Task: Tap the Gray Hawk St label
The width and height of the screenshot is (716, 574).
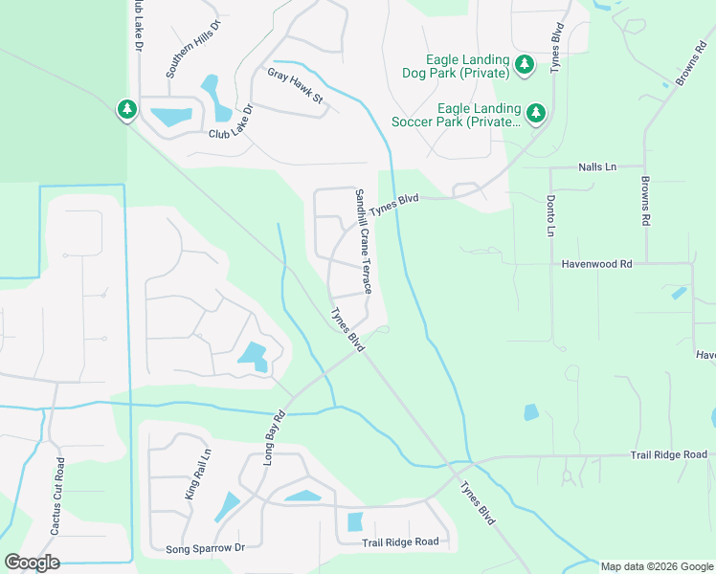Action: [296, 85]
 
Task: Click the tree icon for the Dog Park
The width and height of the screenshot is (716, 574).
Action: [524, 65]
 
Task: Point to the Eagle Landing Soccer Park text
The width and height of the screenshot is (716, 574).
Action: [456, 115]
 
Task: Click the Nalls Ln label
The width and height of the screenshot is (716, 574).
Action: [597, 166]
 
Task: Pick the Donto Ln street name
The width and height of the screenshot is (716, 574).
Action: [551, 216]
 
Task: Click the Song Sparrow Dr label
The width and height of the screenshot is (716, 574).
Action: [206, 547]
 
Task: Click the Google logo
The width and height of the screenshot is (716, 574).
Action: [32, 563]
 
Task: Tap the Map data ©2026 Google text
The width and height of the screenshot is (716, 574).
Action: [656, 566]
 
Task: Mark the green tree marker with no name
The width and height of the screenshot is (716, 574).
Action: [126, 110]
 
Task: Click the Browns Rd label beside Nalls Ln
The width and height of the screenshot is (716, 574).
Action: [646, 200]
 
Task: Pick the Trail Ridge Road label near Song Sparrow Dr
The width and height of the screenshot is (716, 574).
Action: [400, 542]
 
